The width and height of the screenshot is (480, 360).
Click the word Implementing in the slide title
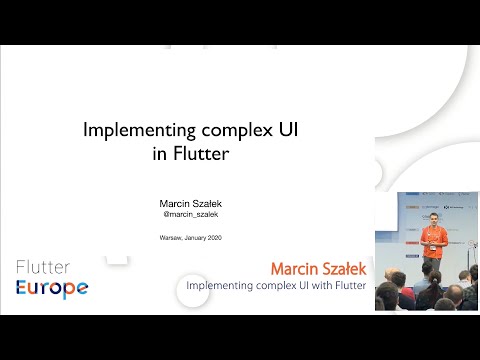coord(128,130)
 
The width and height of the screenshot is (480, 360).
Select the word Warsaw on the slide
coord(172,238)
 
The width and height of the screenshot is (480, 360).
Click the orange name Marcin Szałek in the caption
coord(319,270)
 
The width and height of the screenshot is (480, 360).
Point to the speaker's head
coord(433,218)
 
